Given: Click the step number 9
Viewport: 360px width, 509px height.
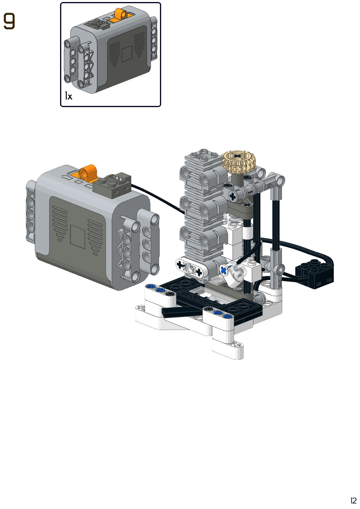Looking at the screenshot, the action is (x=9, y=21).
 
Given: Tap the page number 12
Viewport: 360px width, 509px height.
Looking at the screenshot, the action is (x=353, y=501).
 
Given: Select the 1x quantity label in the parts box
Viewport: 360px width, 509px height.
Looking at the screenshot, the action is (x=69, y=96).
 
